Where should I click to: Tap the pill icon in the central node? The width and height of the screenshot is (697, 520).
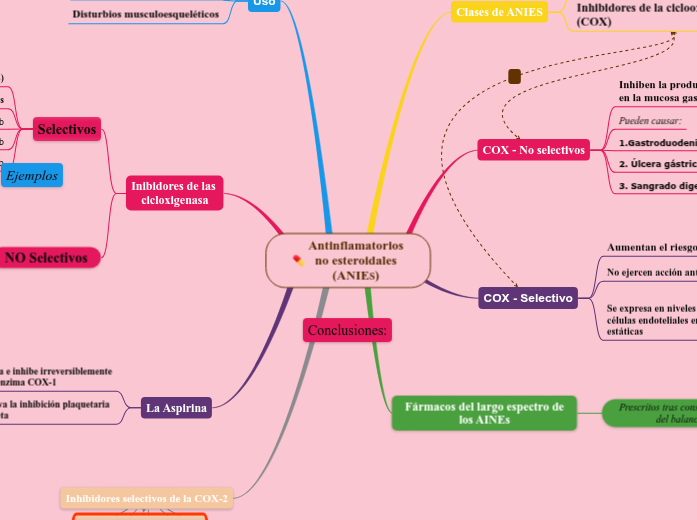[298, 261]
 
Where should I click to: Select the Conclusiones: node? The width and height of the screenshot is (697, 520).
[347, 330]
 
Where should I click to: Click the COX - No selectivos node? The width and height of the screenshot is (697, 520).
[533, 150]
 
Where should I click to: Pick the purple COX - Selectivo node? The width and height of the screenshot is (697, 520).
[527, 298]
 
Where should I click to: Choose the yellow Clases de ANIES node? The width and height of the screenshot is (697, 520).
[499, 12]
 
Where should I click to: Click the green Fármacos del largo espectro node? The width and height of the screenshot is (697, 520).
[485, 412]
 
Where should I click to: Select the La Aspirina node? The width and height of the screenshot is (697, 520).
[176, 408]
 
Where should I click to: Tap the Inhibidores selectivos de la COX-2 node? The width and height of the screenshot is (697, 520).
[146, 498]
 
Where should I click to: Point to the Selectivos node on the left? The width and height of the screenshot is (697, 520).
[67, 129]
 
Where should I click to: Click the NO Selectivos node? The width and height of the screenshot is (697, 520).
[52, 258]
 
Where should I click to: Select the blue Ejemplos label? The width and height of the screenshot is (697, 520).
[31, 176]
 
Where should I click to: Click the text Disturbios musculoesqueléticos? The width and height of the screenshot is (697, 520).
[145, 15]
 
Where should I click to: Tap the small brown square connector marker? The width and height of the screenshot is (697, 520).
[515, 77]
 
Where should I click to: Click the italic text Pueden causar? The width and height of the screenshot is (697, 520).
[650, 121]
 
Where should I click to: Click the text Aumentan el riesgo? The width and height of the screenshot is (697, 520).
[651, 247]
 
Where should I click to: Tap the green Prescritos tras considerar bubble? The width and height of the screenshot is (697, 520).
[650, 413]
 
